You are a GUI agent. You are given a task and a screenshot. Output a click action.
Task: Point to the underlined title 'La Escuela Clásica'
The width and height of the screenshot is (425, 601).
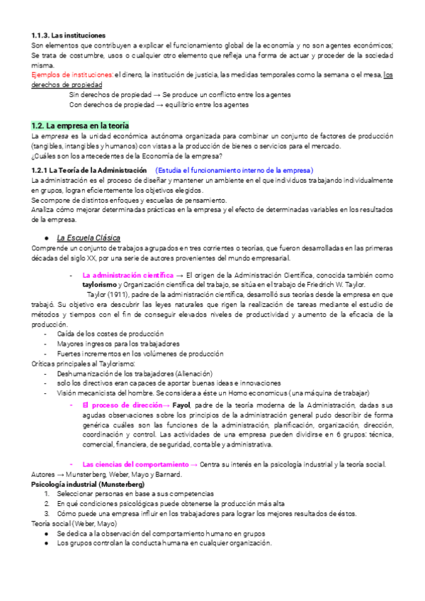coord(89,237)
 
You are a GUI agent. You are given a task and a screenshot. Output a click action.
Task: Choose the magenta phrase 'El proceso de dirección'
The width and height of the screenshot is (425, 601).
coord(124,403)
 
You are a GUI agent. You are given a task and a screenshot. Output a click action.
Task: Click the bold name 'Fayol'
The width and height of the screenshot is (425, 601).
coord(182,403)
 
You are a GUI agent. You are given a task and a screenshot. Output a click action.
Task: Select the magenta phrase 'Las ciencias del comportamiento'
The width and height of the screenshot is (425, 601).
coord(137,444)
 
